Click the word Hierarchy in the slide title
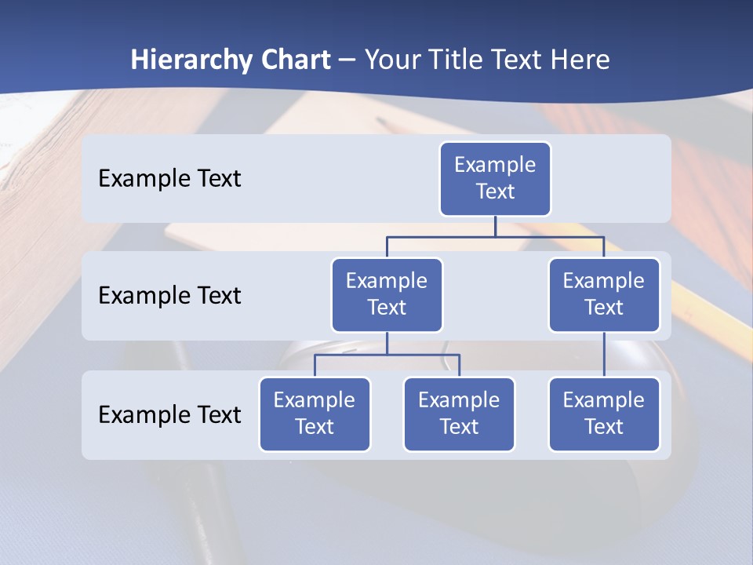tap(191, 60)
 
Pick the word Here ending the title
tap(578, 60)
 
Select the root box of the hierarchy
tap(495, 179)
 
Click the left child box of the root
tap(387, 295)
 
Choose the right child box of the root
tap(604, 295)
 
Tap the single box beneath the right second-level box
tap(604, 414)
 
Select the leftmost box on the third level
tap(315, 414)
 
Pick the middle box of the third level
tap(459, 414)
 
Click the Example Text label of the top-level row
tap(169, 179)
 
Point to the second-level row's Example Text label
tap(169, 296)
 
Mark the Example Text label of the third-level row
tap(169, 414)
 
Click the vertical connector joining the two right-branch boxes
tap(604, 355)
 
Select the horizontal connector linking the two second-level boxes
tap(495, 236)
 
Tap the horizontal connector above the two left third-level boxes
tap(387, 355)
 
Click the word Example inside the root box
tap(495, 166)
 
